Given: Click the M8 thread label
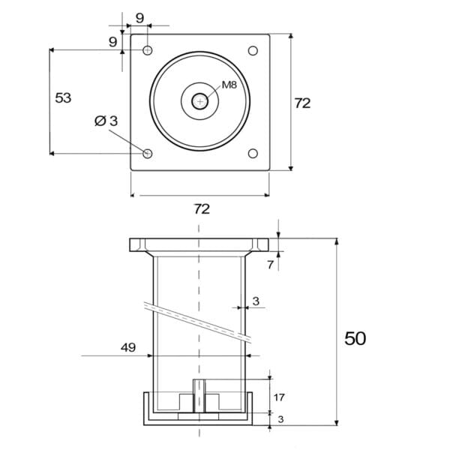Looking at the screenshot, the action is tap(229, 85).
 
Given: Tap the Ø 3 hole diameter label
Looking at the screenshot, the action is tap(106, 121).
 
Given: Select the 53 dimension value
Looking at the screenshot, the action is tap(63, 97).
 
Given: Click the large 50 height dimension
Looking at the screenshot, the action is tap(355, 338).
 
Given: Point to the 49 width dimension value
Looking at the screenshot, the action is tap(128, 347).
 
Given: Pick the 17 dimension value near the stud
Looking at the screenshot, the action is tap(279, 397).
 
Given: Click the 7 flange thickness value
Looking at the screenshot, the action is tap(270, 265).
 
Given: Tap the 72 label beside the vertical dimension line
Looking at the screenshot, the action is tap(302, 103).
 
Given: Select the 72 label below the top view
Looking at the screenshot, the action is tap(202, 209).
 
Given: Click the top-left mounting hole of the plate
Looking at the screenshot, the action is tap(148, 50).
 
